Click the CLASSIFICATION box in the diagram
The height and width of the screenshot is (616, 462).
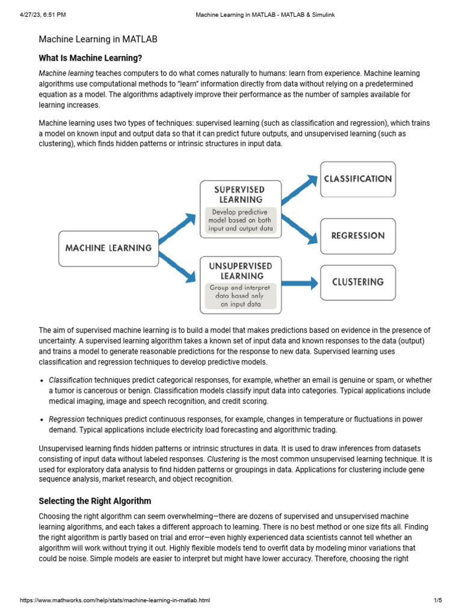point(358,179)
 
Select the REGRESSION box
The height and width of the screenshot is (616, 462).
point(358,235)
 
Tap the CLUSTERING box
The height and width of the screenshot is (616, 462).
point(358,282)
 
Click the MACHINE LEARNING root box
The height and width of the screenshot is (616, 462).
point(108,247)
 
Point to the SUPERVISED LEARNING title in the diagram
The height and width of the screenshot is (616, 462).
point(240,194)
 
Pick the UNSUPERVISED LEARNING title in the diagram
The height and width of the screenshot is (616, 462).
point(240,271)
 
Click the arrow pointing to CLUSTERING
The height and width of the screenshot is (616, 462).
point(299,282)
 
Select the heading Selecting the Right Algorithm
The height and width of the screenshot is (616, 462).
point(95,500)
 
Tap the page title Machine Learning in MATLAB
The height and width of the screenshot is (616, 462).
point(98,39)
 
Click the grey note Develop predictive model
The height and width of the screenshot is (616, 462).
point(240,220)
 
